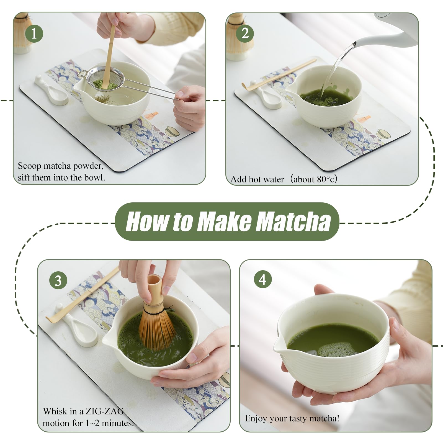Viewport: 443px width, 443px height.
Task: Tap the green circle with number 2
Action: click(x=245, y=34)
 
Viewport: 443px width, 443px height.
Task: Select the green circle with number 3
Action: click(x=58, y=281)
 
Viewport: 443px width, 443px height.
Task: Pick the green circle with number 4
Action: click(x=262, y=279)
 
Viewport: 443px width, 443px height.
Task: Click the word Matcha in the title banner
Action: click(x=292, y=221)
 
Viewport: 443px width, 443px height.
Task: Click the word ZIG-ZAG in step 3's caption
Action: click(x=105, y=411)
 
